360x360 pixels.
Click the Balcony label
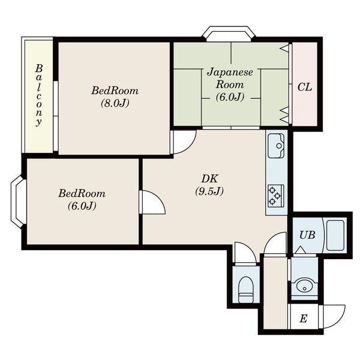point(39,95)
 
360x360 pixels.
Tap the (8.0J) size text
point(115,103)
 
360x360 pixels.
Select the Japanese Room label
point(230,78)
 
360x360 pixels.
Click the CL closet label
point(305,87)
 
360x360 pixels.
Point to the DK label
point(209,178)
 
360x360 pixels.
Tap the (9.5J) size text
point(209,191)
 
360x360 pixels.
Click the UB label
point(307,235)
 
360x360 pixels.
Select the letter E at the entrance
point(303,319)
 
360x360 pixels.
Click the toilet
point(245,290)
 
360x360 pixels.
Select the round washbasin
point(304,287)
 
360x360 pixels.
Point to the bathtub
point(335,235)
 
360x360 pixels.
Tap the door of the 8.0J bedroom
point(183,142)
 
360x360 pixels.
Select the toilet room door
point(245,253)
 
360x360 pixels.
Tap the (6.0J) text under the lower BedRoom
point(82,206)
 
